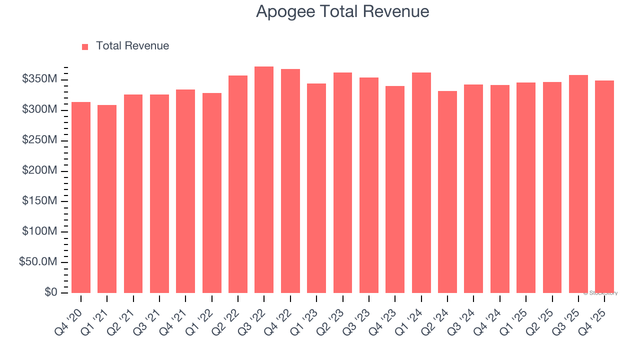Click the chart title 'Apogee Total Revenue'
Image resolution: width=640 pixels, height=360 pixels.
pyautogui.click(x=342, y=11)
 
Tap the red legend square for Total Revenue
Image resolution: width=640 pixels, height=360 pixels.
pyautogui.click(x=85, y=46)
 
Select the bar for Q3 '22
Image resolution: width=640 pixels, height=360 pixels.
pyautogui.click(x=264, y=180)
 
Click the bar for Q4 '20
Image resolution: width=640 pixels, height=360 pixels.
pyautogui.click(x=81, y=197)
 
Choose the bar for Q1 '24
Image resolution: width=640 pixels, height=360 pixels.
pyautogui.click(x=421, y=183)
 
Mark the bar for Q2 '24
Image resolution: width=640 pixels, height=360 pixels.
pyautogui.click(x=447, y=192)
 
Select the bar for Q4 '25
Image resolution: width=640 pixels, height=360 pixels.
pyautogui.click(x=604, y=187)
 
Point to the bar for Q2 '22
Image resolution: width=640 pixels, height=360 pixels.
pyautogui.click(x=238, y=184)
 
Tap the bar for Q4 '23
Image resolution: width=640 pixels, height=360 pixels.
pyautogui.click(x=395, y=189)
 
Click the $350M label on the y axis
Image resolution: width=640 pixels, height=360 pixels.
pyautogui.click(x=39, y=79)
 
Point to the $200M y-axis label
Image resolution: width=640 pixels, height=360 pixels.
pyautogui.click(x=39, y=171)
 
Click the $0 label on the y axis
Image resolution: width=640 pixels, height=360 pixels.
pyautogui.click(x=50, y=292)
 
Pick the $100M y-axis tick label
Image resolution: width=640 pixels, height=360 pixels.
pyautogui.click(x=39, y=232)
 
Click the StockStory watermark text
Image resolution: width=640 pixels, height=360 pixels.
pyautogui.click(x=600, y=293)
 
